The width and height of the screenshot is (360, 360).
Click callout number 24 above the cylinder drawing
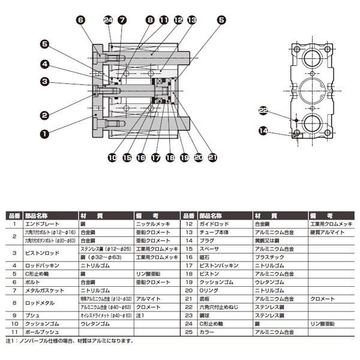coord(108,20)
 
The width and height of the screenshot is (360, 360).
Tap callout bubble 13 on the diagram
coord(191,20)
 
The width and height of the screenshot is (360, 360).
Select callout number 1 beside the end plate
coord(44,134)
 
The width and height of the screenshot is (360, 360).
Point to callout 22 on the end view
coord(263,110)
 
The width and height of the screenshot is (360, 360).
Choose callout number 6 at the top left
coord(80,20)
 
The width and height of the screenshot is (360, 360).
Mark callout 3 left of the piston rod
coord(44,82)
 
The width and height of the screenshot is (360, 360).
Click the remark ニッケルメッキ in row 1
coord(151,223)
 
